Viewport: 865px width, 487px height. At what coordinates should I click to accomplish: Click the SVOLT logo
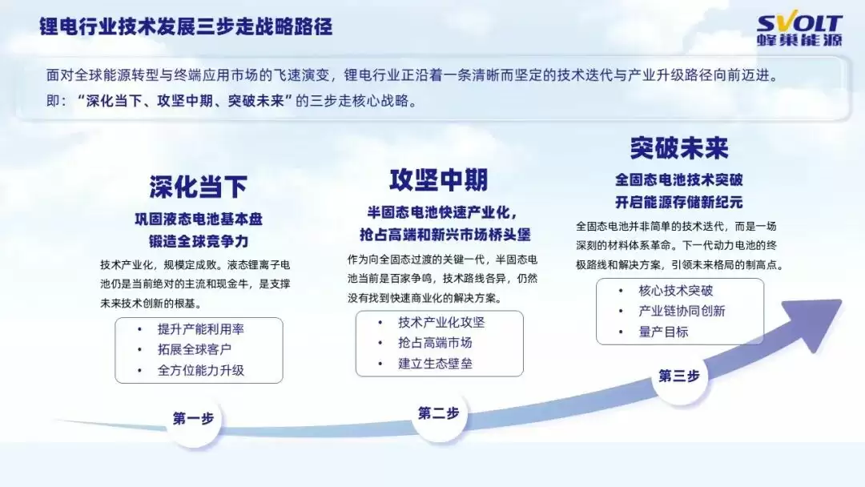(x=799, y=31)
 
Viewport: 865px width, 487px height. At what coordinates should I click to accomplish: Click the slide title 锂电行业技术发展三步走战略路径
(x=186, y=26)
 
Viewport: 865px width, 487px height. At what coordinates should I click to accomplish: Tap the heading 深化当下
(x=198, y=187)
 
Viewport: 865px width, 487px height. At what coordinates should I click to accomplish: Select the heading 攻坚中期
(x=438, y=179)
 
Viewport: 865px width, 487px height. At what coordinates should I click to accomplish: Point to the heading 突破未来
(x=678, y=148)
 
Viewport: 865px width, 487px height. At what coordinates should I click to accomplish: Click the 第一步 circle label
(x=193, y=418)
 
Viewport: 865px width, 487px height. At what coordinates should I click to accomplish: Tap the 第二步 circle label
(x=438, y=413)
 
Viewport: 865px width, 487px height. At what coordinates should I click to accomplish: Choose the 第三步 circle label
(x=678, y=376)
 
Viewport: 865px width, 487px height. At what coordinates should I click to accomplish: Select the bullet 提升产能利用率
(x=200, y=329)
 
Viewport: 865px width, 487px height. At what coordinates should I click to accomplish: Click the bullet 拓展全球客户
(x=195, y=350)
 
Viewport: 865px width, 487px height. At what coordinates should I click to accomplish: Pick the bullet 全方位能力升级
(x=200, y=371)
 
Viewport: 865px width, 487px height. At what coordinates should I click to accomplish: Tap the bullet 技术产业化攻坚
(x=441, y=322)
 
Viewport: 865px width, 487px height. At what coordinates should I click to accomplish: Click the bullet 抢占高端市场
(x=435, y=343)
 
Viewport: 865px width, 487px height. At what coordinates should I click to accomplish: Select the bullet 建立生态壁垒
(x=435, y=364)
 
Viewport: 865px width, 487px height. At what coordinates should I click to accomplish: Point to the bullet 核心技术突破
(x=675, y=291)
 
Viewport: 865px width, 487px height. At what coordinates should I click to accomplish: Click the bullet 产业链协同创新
(x=682, y=312)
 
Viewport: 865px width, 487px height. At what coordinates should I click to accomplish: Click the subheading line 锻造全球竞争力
(x=198, y=240)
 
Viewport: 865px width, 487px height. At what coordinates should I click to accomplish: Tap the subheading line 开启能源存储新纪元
(x=678, y=202)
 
